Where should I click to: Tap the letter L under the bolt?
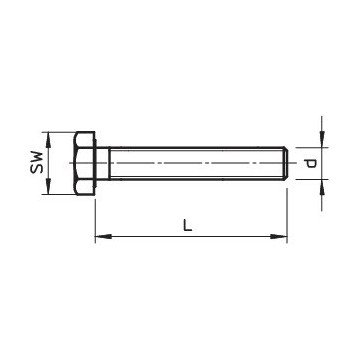pos(187,226)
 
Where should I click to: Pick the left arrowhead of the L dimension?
pos(100,237)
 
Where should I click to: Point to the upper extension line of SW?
pos(63,130)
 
